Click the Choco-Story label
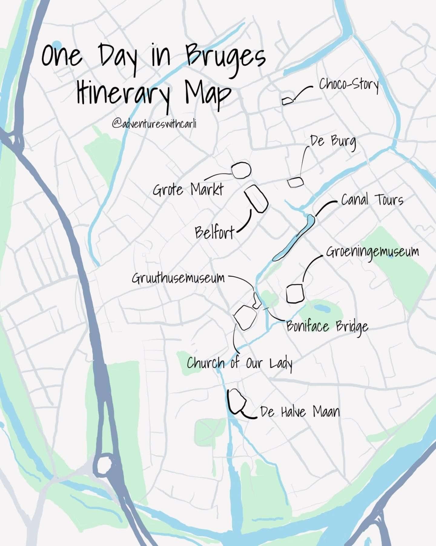349,85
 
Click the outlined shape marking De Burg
295,182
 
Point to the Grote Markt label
188,190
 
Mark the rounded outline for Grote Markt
241,170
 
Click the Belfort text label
215,233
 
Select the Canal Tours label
372,200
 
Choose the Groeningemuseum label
372,252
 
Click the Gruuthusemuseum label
178,278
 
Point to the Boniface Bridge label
327,327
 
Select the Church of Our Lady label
239,363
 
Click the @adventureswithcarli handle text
154,124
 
